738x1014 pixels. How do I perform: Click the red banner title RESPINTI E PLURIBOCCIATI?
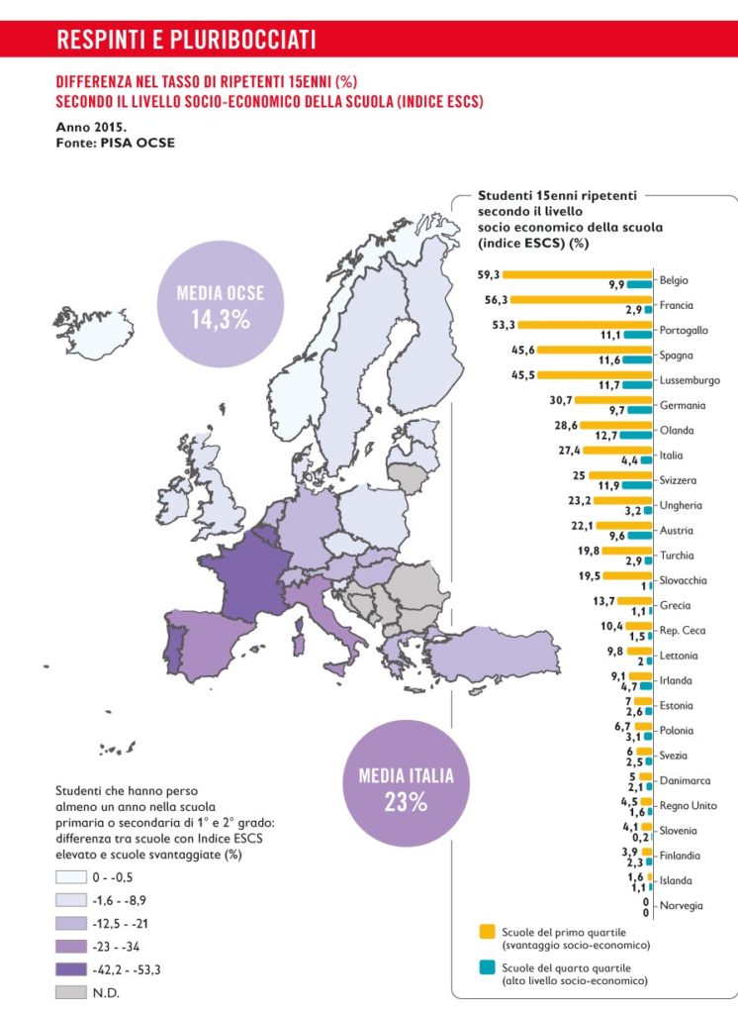coord(187,40)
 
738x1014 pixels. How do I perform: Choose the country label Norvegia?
coord(681,905)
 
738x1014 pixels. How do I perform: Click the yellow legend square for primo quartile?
coord(487,932)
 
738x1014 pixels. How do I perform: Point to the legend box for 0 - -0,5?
coord(66,876)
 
